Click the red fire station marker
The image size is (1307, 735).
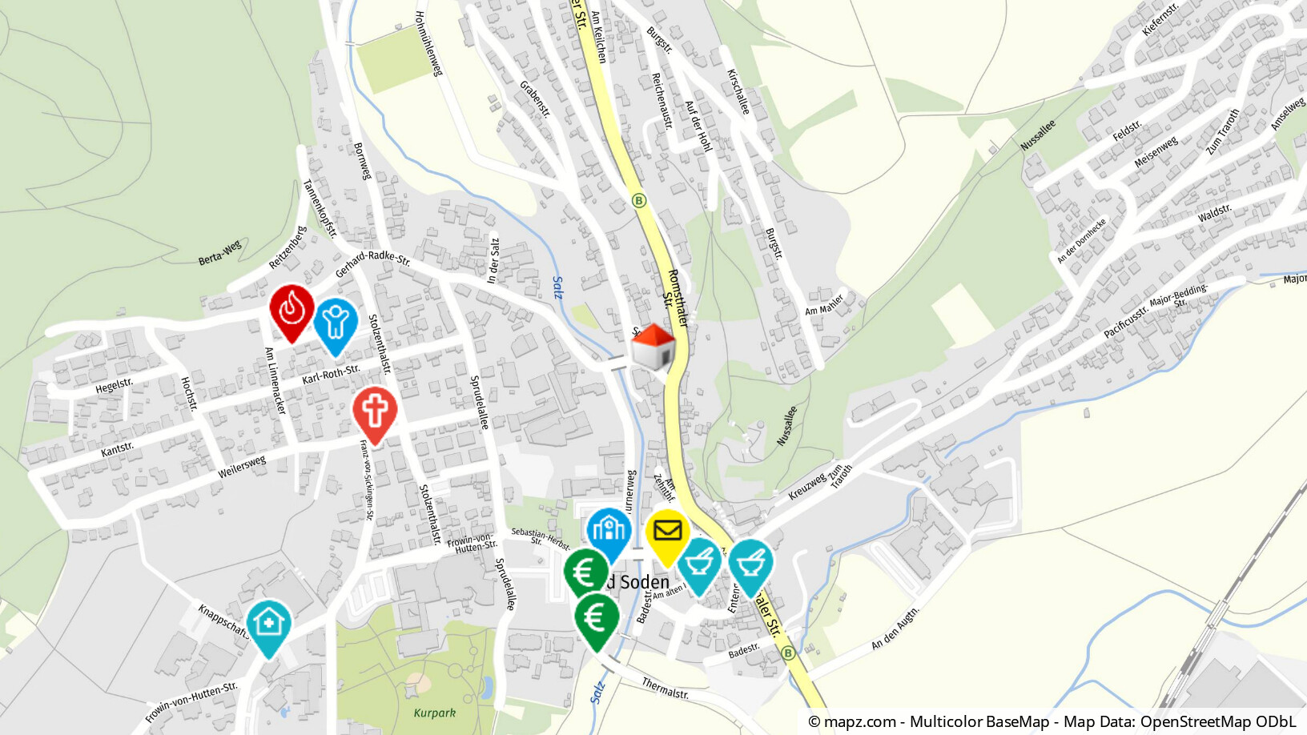click(292, 309)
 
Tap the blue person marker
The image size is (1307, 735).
click(335, 323)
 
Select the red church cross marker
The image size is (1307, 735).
click(375, 412)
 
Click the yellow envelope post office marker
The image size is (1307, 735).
click(667, 533)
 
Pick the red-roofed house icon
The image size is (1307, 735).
click(653, 347)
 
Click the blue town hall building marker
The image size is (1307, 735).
click(609, 532)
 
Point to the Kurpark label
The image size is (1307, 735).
click(434, 713)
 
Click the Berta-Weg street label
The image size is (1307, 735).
click(219, 253)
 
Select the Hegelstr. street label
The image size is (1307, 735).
click(114, 386)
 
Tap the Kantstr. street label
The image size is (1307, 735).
click(117, 449)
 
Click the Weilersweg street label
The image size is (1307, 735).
click(241, 467)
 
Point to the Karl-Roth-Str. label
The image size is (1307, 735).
click(331, 374)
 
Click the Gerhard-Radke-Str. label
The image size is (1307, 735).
click(372, 263)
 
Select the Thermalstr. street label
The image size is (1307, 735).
click(665, 687)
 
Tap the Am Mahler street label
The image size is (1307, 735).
click(824, 305)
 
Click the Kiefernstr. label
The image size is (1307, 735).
click(1160, 19)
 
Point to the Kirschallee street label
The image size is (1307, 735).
click(738, 91)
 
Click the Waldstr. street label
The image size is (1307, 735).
click(1214, 214)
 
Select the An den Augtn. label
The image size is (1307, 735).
click(895, 629)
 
